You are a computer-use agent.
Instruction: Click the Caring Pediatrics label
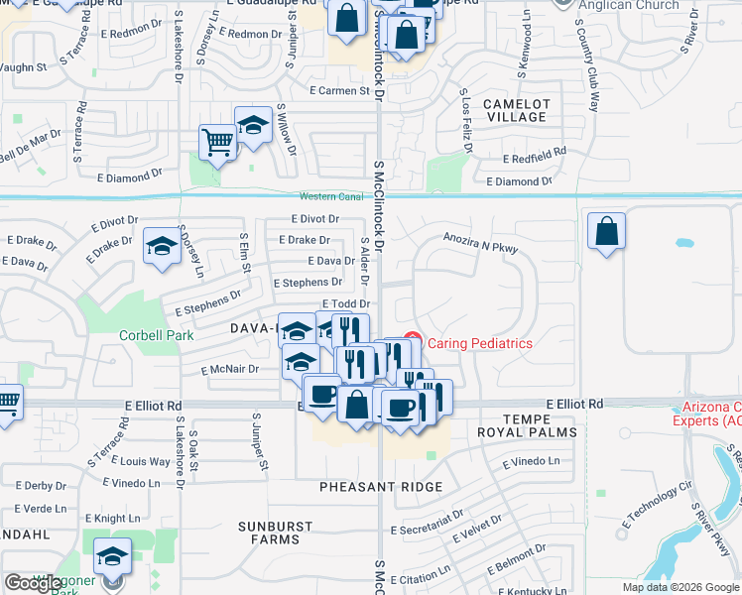point(479,343)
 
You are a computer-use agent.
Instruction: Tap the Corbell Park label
point(157,335)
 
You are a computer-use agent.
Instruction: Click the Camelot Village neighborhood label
point(516,110)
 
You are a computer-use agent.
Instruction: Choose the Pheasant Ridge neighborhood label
point(381,487)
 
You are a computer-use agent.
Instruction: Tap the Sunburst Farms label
point(275,533)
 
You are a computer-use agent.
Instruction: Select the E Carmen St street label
point(339,91)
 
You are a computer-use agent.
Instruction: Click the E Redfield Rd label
point(534,158)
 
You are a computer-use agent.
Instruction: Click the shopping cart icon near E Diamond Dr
point(216,141)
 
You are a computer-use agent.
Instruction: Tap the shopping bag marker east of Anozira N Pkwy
point(606,230)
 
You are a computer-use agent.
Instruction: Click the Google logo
point(34,583)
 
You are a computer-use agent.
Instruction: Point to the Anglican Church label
point(631,5)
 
